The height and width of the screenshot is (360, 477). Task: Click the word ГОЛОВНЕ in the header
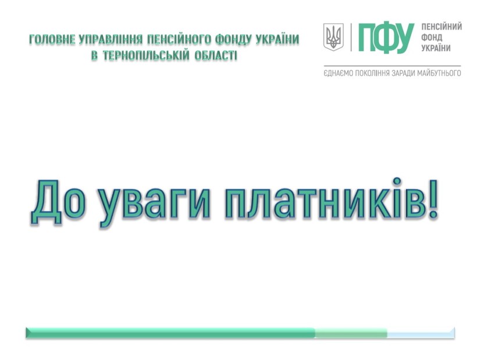pos(52,40)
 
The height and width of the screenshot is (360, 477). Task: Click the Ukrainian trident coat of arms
pos(333,37)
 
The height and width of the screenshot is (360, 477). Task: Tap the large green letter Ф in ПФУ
pos(386,37)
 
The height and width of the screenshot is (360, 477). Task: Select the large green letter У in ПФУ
pos(405,37)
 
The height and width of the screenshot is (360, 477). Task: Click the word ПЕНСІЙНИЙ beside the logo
pos(442,27)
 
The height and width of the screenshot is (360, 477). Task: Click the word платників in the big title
pos(325,199)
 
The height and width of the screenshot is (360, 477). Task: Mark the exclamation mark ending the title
pos(433,199)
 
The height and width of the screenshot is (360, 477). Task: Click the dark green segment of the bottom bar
pos(170,333)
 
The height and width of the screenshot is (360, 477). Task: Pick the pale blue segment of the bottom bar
pos(421,333)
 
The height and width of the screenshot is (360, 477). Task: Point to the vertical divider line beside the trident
pos(351,37)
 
